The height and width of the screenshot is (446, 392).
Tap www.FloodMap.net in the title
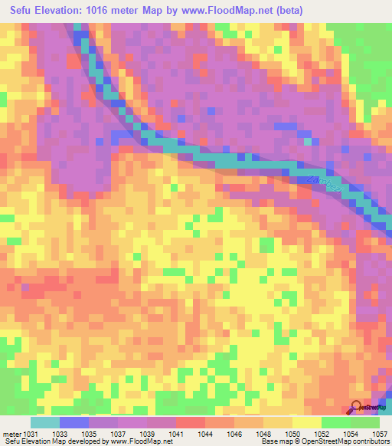(x=229, y=11)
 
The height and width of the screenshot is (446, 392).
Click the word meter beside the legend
(x=11, y=434)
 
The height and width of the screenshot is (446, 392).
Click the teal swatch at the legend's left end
(x=45, y=422)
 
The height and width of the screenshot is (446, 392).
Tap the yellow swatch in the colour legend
(x=306, y=422)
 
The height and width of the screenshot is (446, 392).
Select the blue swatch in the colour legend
(x=74, y=422)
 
